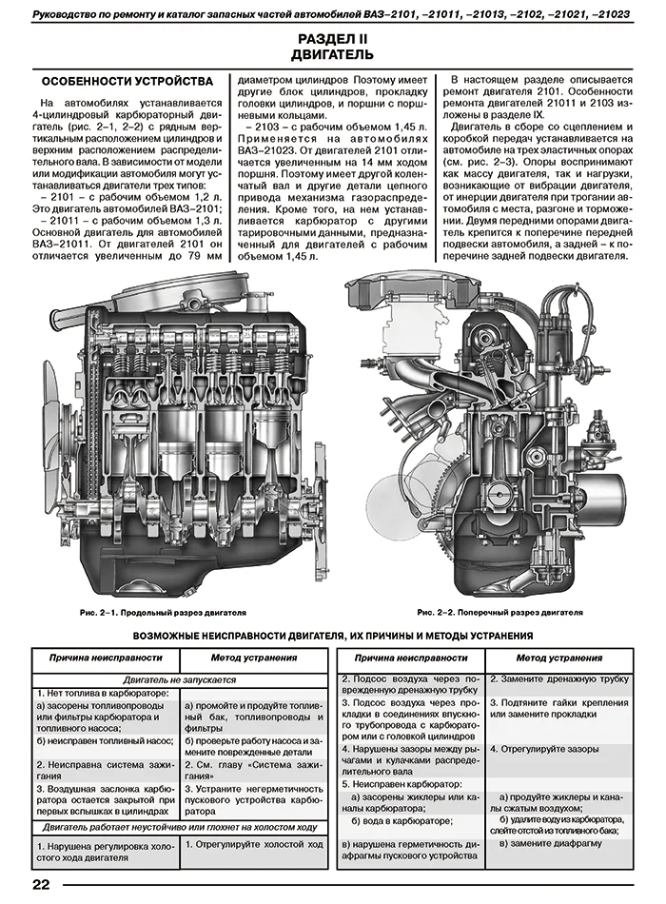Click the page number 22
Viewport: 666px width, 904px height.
[41, 884]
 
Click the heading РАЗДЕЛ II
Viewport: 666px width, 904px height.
[332, 39]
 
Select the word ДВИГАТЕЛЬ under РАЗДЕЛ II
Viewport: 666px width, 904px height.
[332, 55]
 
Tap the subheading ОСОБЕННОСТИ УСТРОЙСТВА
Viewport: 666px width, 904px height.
[127, 81]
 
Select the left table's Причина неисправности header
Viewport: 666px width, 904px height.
[106, 658]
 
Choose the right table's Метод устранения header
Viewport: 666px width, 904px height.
[558, 658]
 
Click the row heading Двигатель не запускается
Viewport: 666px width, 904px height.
[179, 679]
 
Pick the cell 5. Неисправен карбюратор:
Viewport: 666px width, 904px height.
[402, 785]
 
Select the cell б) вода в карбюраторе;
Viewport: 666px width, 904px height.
[402, 821]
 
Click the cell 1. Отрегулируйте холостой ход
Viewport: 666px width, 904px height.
[254, 844]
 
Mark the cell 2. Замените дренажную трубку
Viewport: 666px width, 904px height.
[559, 679]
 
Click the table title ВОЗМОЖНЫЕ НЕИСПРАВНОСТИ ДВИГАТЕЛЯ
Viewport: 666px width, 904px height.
[333, 636]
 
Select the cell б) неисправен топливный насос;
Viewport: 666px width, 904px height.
[105, 741]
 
